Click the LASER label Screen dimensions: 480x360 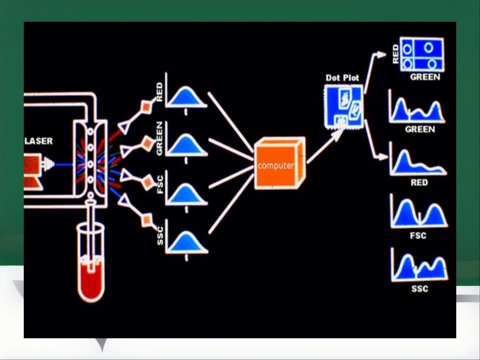point(38,141)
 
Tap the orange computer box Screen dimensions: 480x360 point(279,164)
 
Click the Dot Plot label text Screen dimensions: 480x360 point(342,78)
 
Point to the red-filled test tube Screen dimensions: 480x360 point(90,263)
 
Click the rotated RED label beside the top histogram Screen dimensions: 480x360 point(160,92)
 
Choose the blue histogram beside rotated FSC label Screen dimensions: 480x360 point(186,193)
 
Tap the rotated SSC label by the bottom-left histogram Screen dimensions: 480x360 point(160,236)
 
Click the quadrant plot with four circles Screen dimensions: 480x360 point(422,55)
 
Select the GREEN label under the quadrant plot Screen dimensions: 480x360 point(425,77)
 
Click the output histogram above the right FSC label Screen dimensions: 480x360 point(419,212)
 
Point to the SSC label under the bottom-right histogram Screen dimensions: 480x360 point(420,289)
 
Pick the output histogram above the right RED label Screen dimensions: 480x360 point(418,160)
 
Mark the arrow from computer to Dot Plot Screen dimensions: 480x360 point(325,145)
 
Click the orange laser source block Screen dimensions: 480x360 point(32,171)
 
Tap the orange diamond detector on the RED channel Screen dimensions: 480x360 point(147,107)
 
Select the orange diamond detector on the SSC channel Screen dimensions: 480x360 point(147,220)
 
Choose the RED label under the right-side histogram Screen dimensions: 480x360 point(419,183)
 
